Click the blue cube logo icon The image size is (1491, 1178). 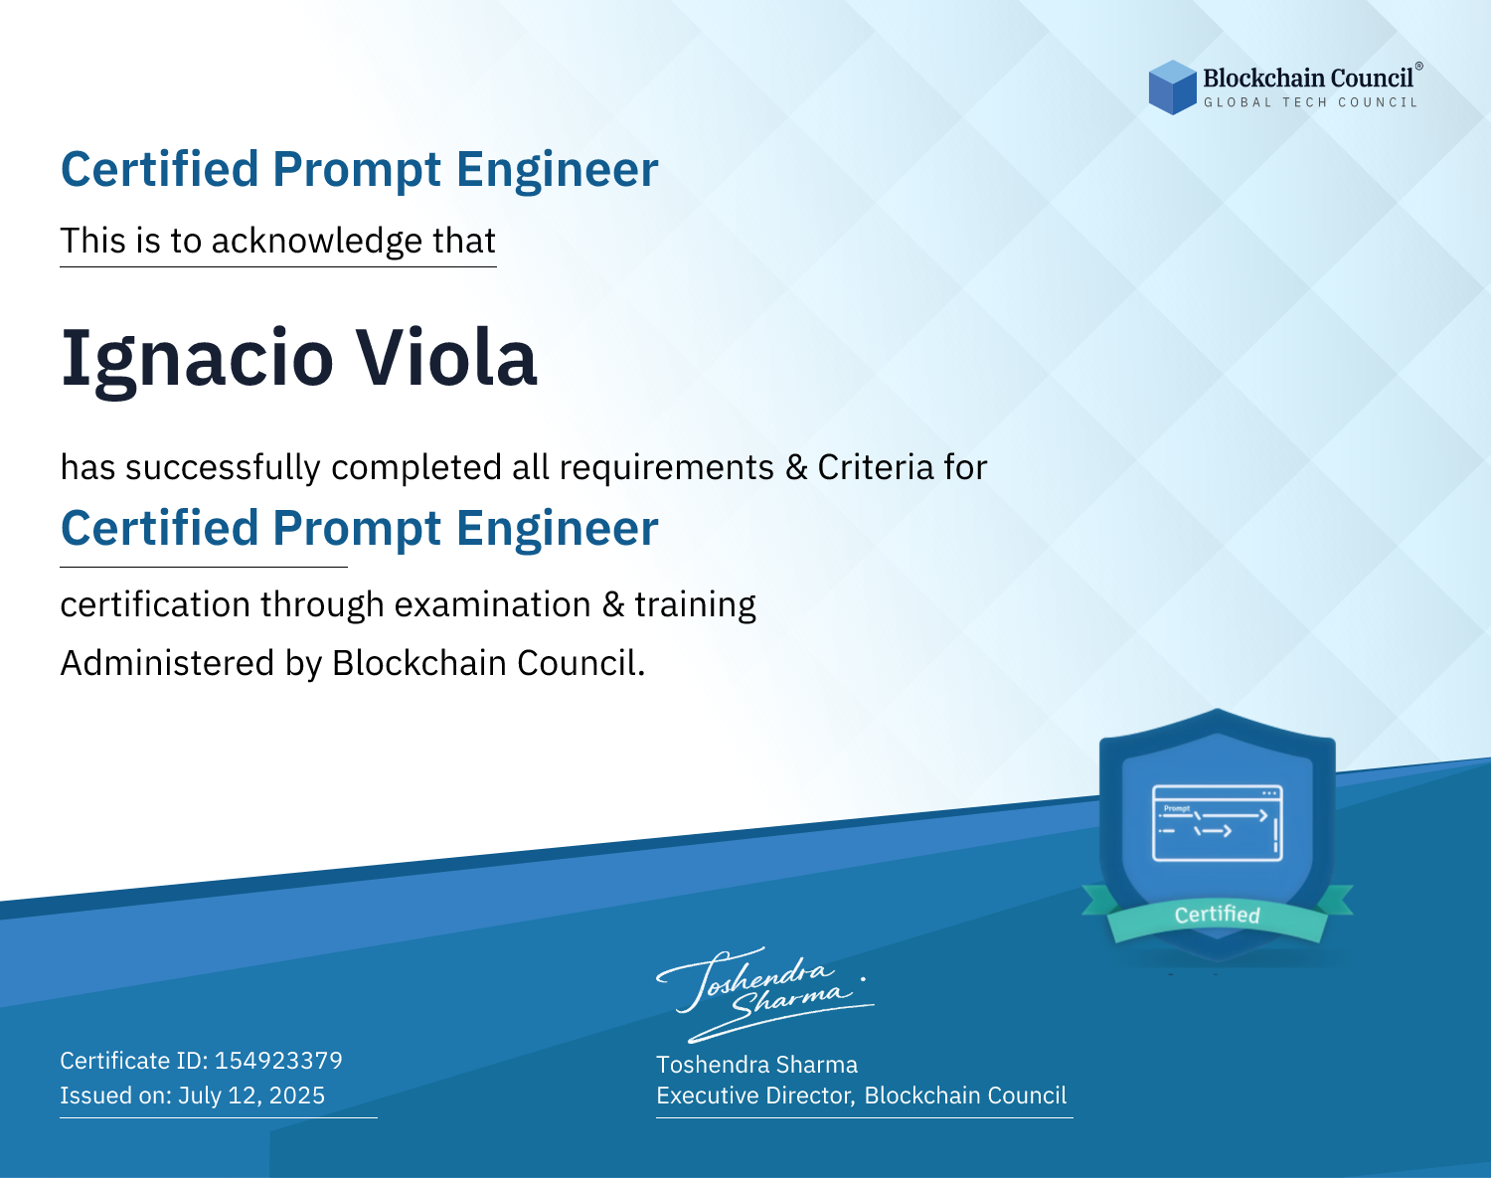1172,87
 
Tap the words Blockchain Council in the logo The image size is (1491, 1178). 1308,79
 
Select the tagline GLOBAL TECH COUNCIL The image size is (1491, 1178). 1311,102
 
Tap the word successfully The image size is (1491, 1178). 223,468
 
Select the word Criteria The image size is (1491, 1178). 875,467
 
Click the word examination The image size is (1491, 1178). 493,604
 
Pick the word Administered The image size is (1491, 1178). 168,663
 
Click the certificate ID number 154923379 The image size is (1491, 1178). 278,1060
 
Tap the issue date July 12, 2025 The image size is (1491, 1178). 251,1094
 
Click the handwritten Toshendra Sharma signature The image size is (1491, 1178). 764,994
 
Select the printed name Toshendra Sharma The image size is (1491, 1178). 756,1065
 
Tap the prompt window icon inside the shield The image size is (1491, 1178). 1218,823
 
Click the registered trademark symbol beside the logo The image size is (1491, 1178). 1418,67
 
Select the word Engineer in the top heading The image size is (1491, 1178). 557,170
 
